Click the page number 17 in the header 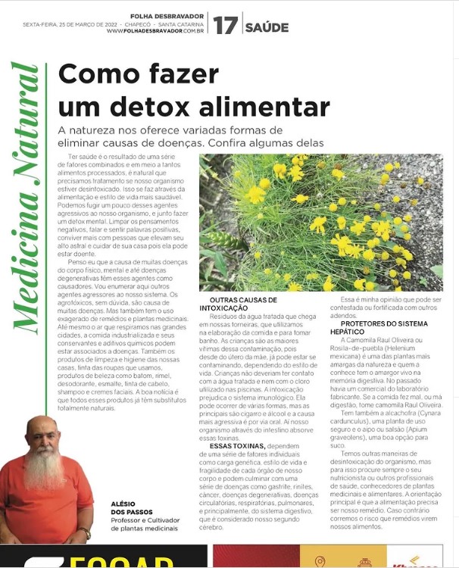tap(224, 26)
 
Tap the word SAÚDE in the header tap(266, 27)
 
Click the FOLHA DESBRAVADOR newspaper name tap(167, 16)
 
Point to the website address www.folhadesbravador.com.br tap(155, 31)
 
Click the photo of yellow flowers tap(320, 223)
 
